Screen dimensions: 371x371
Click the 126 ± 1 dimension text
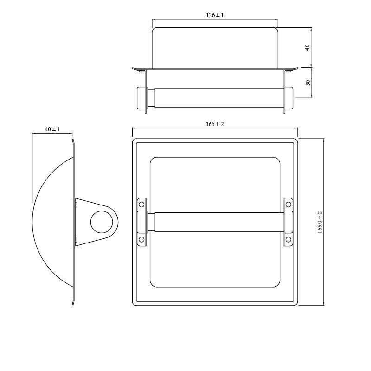[215, 15]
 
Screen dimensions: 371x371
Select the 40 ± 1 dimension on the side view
[52, 129]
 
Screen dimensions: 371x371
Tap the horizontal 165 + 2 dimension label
[215, 124]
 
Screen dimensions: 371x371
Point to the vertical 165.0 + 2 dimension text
[320, 222]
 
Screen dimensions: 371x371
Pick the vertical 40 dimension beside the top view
[307, 47]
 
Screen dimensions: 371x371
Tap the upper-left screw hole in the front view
[142, 204]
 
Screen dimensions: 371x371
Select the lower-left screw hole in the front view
[142, 239]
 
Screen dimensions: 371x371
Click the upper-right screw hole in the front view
[288, 204]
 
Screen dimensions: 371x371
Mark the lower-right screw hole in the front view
[288, 239]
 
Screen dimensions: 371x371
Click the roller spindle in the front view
[215, 222]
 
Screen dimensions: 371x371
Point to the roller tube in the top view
[215, 97]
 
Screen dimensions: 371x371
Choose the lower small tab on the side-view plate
[76, 239]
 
